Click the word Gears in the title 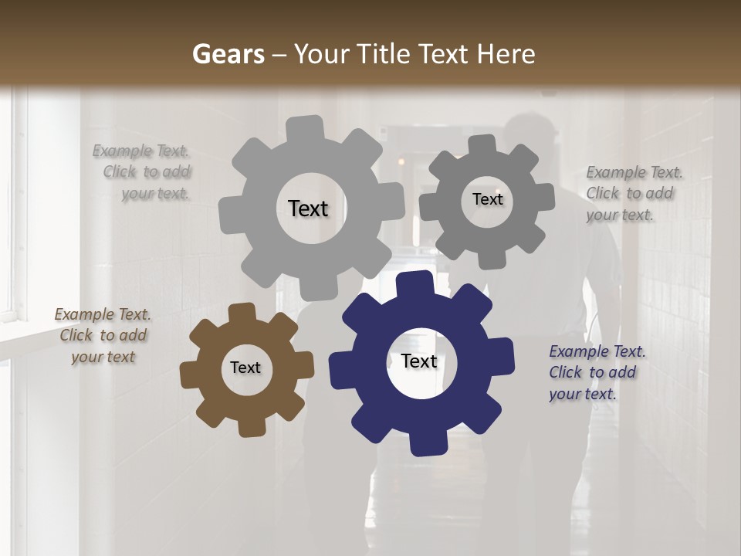click(x=227, y=54)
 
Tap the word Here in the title click(x=507, y=54)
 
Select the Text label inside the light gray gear click(x=308, y=208)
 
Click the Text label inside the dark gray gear click(x=487, y=199)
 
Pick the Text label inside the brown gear click(x=245, y=368)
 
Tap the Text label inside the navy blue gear click(x=419, y=361)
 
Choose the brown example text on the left click(x=103, y=335)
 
